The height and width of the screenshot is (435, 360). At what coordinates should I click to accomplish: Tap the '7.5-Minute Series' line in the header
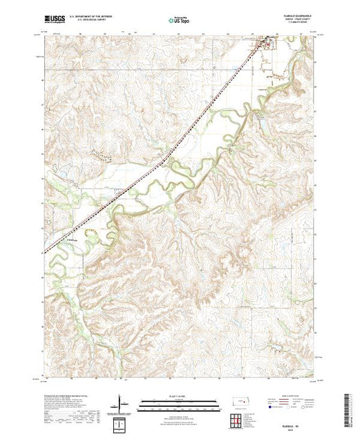pyautogui.click(x=298, y=24)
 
